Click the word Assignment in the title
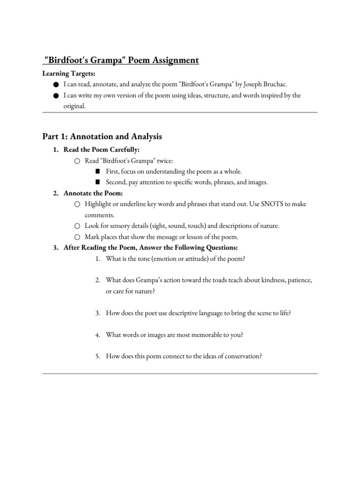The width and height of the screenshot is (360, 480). [172, 60]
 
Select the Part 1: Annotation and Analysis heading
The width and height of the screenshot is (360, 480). [102, 136]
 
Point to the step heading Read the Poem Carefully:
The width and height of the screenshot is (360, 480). [102, 150]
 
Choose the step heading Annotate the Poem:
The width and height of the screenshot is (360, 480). [93, 194]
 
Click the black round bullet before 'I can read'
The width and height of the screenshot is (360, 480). [56, 84]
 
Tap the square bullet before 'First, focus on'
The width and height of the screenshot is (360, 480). [98, 172]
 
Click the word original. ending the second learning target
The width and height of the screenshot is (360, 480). [74, 106]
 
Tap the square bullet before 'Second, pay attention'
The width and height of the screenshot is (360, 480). [98, 182]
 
